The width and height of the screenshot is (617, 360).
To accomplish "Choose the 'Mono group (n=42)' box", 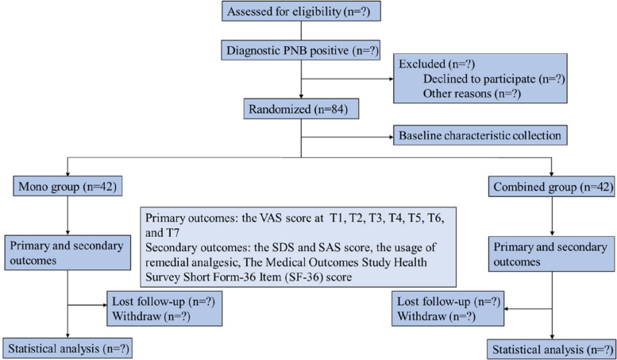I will tap(61, 188).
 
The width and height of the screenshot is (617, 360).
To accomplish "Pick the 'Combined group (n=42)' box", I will tap(552, 188).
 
